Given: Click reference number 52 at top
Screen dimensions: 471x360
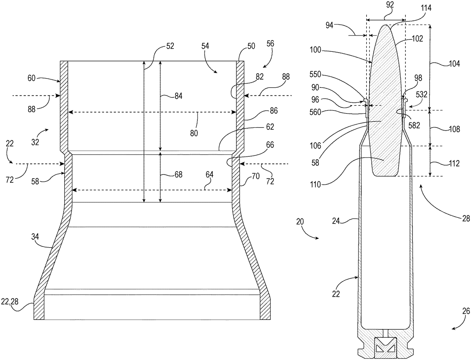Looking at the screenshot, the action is click(170, 46).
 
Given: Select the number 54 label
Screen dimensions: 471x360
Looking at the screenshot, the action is click(205, 46).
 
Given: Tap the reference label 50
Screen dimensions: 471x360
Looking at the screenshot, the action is click(251, 46).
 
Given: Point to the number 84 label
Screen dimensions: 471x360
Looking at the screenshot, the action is click(178, 96).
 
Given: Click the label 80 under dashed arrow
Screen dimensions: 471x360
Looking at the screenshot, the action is click(194, 133).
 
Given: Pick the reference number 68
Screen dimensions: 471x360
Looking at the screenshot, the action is click(178, 175).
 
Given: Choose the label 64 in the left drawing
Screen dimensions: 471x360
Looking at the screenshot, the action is click(210, 175).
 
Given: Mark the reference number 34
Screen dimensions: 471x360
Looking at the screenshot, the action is click(35, 237).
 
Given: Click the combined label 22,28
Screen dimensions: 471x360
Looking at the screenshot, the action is click(10, 302).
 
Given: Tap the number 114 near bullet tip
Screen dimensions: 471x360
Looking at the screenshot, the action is click(426, 8).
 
